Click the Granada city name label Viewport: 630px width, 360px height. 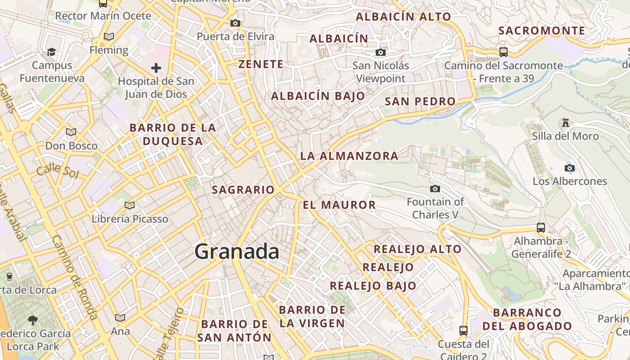(x=237, y=251)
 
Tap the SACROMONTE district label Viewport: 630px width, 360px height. (x=542, y=31)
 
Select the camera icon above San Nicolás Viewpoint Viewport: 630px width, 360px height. (x=381, y=53)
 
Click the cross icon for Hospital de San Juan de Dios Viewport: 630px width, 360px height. (x=156, y=68)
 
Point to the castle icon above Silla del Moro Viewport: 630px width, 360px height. (x=565, y=122)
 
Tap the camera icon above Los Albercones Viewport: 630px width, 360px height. (x=570, y=168)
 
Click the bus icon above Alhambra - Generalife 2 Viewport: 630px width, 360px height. (x=541, y=228)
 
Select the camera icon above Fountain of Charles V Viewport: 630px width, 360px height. (x=435, y=189)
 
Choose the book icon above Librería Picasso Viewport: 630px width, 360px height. (x=130, y=205)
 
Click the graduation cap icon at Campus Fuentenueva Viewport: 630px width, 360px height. (x=51, y=52)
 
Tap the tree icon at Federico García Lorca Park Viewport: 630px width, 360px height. (x=32, y=320)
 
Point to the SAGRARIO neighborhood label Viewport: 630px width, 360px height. (x=243, y=190)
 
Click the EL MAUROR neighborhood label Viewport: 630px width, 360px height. (x=339, y=205)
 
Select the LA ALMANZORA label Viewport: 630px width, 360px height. (x=349, y=156)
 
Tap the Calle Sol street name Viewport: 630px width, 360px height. (x=57, y=171)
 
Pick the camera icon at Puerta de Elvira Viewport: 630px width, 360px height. (x=235, y=23)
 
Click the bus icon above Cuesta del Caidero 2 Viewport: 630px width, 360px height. (x=463, y=331)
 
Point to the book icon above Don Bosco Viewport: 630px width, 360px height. (x=71, y=132)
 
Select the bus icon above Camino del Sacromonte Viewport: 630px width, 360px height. (x=504, y=52)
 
